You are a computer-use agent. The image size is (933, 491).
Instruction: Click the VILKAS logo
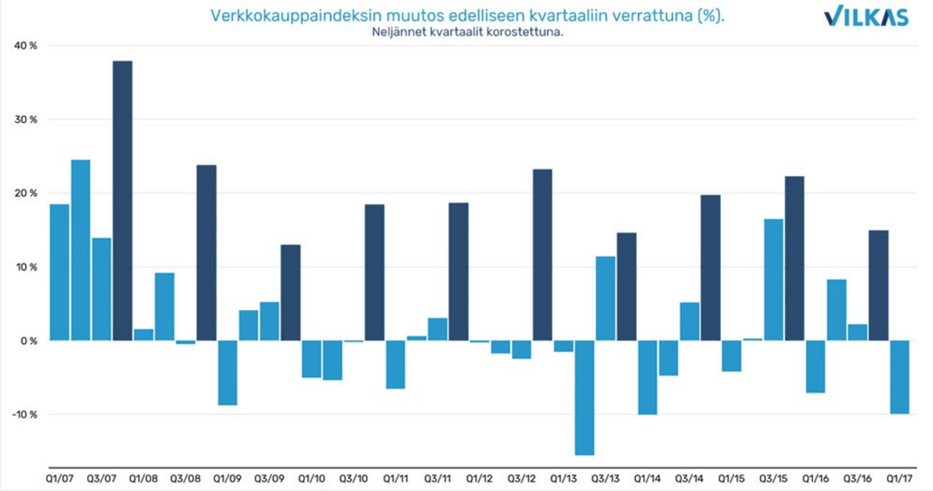coord(867,16)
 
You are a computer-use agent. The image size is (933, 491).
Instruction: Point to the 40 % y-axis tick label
coord(26,45)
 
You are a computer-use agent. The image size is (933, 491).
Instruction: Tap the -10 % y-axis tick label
coord(24,415)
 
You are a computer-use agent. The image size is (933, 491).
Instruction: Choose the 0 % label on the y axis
coord(29,341)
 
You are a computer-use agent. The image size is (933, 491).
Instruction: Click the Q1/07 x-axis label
coord(59,479)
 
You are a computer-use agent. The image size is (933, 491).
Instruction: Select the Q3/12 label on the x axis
coord(521,479)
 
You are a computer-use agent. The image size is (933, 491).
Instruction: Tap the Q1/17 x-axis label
coord(899,479)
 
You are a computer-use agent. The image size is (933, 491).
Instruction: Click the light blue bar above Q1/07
coord(59,272)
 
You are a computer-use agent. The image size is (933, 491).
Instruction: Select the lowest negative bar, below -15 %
coord(584,397)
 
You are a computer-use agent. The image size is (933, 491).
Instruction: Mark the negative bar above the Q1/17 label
coord(899,377)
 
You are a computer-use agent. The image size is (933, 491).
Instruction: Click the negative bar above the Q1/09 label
coord(227,373)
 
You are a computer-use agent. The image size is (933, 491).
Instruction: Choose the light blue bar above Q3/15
coord(773,280)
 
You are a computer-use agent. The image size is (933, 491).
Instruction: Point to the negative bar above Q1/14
coord(647,377)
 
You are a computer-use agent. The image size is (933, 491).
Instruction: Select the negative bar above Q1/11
coord(395,364)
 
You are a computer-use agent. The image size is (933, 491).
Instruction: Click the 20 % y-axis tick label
coord(26,193)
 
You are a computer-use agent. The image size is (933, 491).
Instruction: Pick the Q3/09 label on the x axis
coord(269,479)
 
